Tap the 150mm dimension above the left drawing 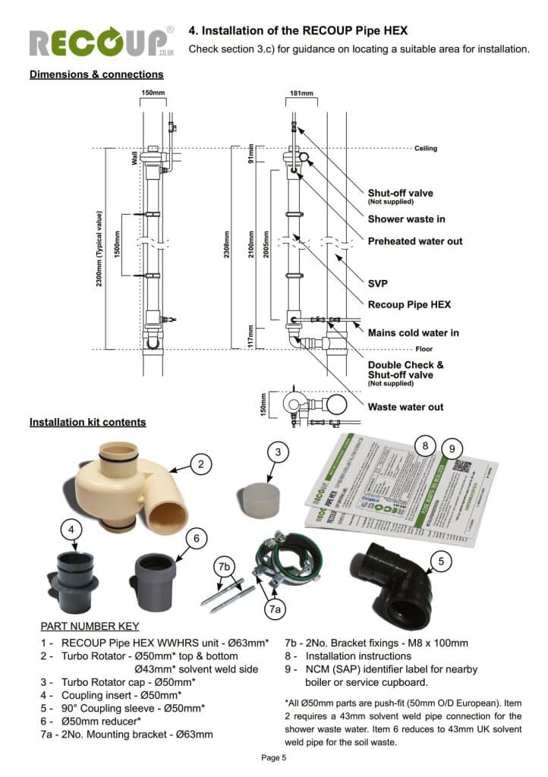153,93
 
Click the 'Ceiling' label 425,149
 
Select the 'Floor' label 424,349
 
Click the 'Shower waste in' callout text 406,219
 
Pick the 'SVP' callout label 378,283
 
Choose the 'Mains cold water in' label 413,332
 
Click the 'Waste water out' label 405,407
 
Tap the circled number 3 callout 278,452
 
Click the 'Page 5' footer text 273,757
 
